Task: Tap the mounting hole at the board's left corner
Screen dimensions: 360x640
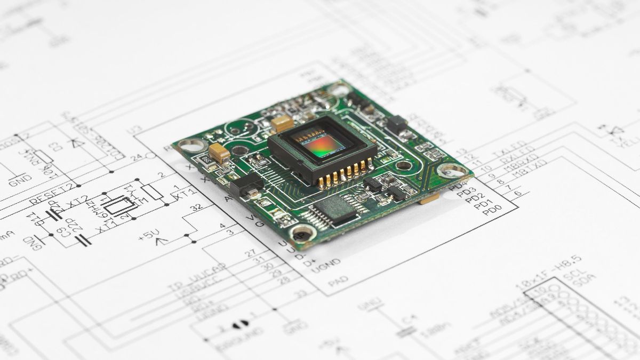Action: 191,145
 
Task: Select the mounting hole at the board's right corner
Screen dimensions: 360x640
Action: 452,171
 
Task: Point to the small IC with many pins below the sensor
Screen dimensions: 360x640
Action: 334,209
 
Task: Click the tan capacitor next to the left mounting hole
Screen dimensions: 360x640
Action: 219,153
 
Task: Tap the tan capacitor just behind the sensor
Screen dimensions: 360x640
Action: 282,124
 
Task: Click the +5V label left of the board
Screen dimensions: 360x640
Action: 150,235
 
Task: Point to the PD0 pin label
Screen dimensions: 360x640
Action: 491,210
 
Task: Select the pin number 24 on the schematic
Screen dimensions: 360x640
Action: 138,157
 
